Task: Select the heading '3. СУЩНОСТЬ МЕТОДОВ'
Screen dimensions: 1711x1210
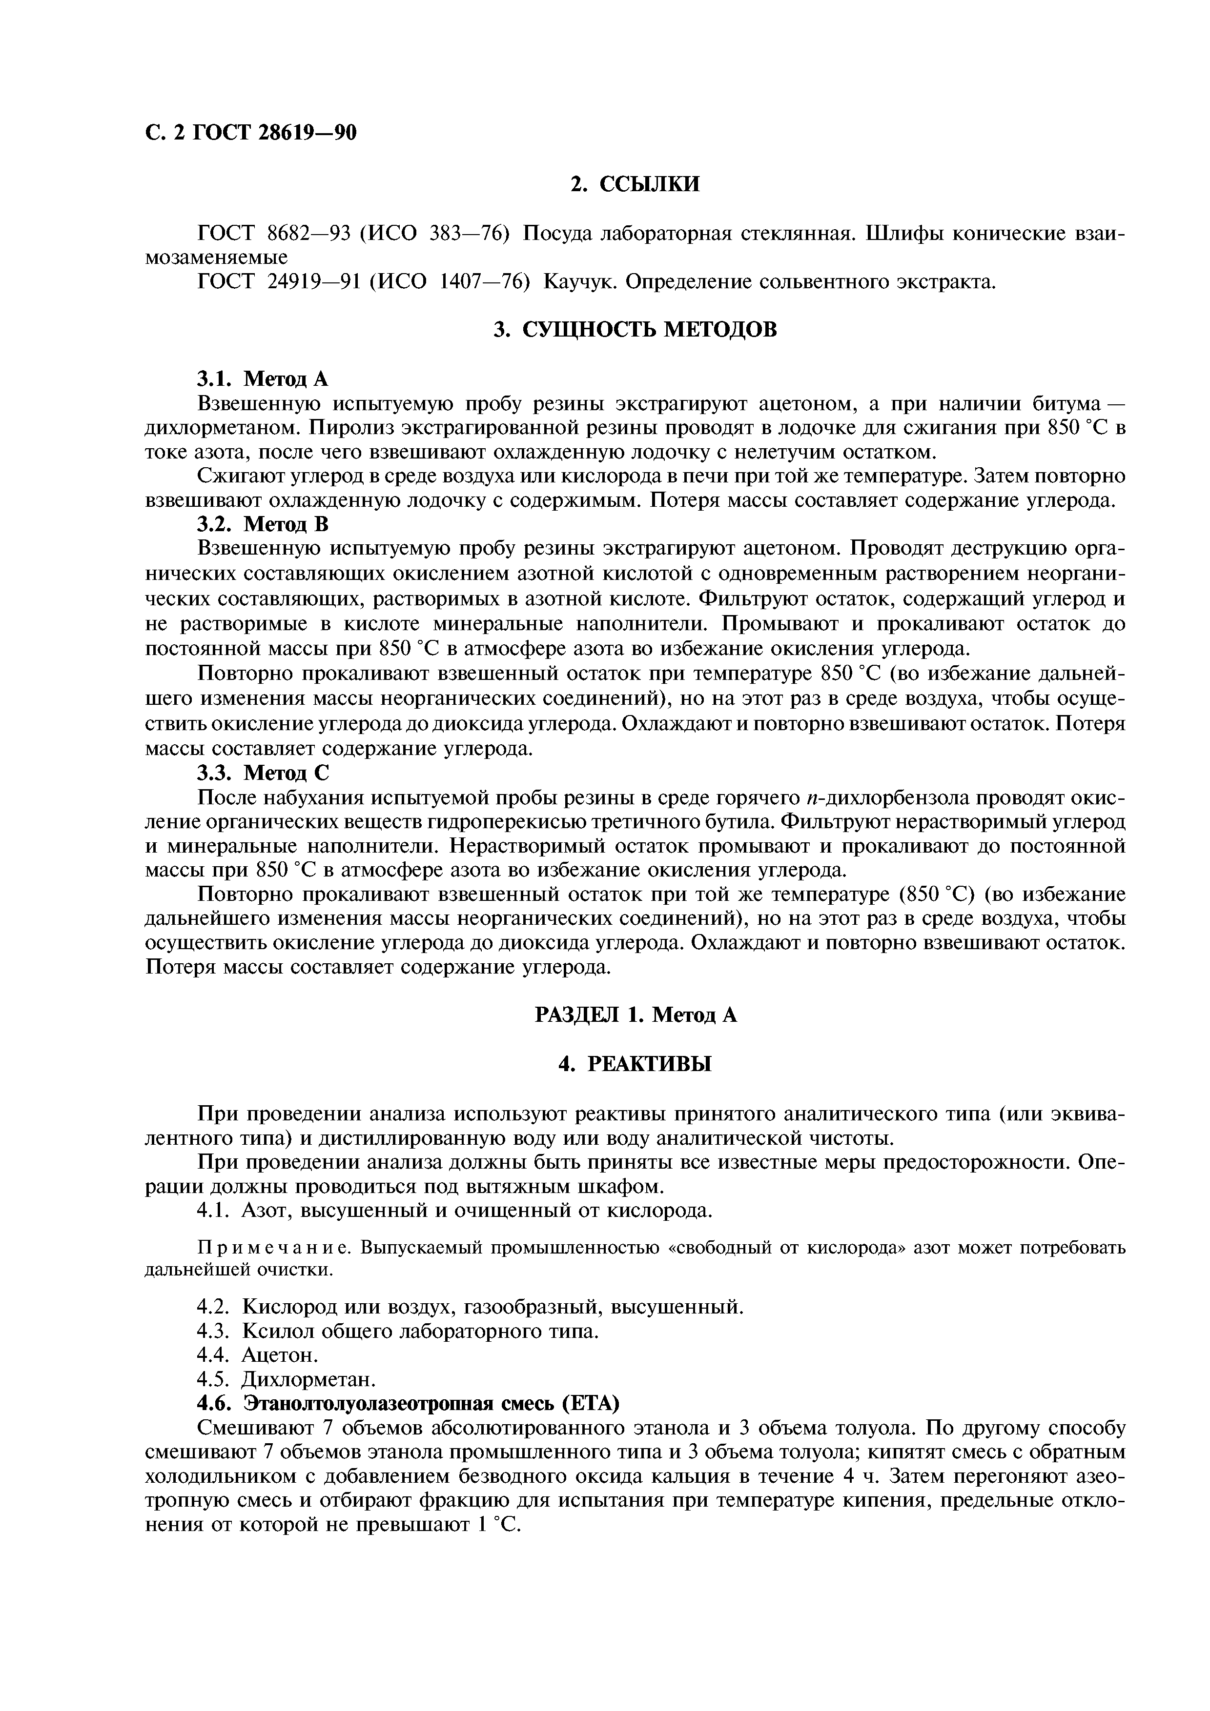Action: click(x=635, y=329)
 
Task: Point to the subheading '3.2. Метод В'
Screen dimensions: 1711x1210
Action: click(x=263, y=525)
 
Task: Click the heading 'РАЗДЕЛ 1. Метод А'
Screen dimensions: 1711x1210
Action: click(x=635, y=1015)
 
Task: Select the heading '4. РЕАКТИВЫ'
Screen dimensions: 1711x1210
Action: click(x=635, y=1064)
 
